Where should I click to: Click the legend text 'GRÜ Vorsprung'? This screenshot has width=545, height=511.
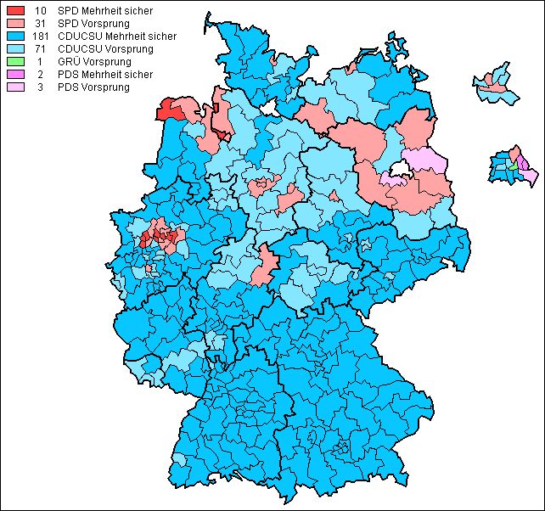tap(93, 62)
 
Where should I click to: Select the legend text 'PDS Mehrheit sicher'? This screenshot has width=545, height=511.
tap(105, 75)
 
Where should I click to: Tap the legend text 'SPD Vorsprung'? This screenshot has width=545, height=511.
tap(93, 24)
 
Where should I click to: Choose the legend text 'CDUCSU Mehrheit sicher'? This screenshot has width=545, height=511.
tap(117, 36)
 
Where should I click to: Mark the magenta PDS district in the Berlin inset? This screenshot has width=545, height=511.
tap(523, 164)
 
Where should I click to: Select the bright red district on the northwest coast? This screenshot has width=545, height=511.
tap(169, 112)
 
